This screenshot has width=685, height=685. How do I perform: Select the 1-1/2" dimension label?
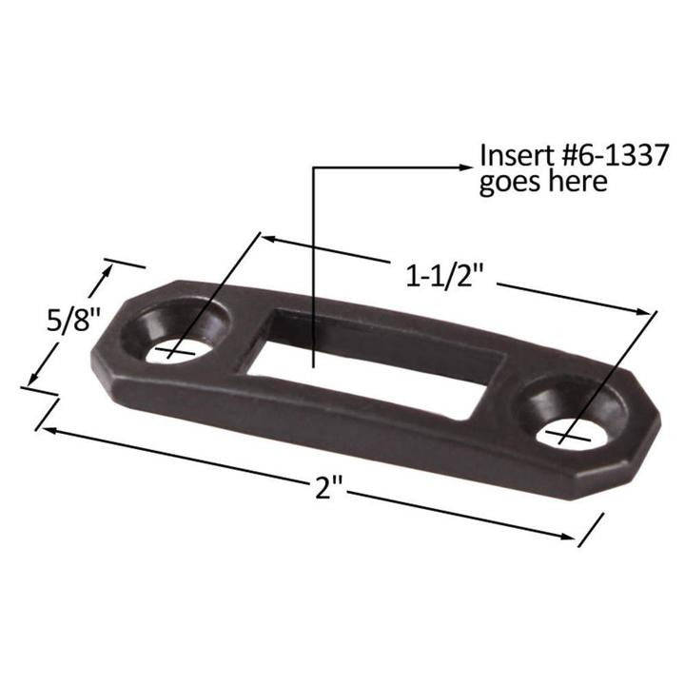(x=446, y=275)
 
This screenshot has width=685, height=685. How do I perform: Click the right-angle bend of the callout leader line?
(x=314, y=168)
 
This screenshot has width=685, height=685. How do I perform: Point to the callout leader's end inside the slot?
(x=314, y=365)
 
